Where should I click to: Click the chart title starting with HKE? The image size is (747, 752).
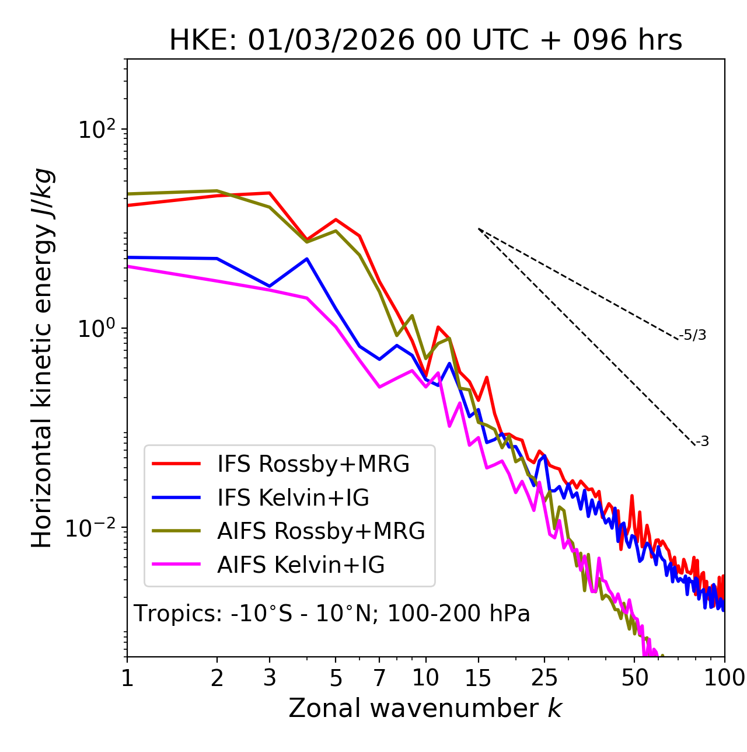(425, 41)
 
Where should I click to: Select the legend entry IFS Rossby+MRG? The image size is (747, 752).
(313, 464)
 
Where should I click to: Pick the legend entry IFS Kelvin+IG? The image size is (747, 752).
(293, 498)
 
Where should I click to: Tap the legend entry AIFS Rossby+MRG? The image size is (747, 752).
(320, 531)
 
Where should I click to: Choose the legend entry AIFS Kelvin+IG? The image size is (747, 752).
(301, 565)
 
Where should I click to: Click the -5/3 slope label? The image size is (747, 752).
(693, 335)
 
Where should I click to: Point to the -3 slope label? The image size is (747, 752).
(702, 441)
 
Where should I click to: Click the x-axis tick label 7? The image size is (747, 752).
(380, 678)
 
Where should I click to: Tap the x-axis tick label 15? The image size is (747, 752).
(478, 678)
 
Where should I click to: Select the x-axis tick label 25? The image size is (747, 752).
(544, 678)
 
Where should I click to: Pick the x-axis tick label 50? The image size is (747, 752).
(634, 678)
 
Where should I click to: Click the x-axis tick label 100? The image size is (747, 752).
(724, 678)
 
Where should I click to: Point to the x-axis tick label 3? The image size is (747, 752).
(270, 678)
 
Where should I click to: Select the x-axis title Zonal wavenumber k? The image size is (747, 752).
(425, 708)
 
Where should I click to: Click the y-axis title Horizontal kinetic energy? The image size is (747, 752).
(42, 358)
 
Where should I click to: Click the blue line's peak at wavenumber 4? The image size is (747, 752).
(307, 259)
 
